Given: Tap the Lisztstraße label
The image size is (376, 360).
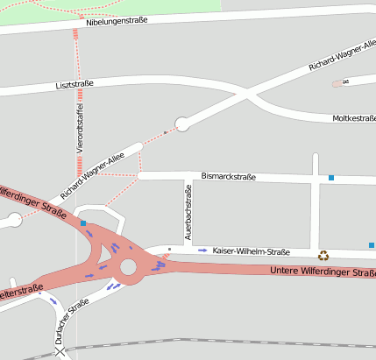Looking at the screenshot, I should pyautogui.click(x=74, y=84).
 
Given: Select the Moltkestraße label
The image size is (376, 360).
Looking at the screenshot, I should pyautogui.click(x=353, y=118).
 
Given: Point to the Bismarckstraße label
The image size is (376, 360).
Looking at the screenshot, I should pyautogui.click(x=228, y=177).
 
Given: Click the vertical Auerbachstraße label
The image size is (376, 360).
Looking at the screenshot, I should pyautogui.click(x=188, y=215).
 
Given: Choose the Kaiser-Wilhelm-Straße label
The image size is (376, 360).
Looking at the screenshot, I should pyautogui.click(x=251, y=251).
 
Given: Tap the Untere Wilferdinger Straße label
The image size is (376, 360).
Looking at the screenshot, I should pyautogui.click(x=323, y=272).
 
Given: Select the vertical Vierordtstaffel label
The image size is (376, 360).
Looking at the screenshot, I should pyautogui.click(x=81, y=126).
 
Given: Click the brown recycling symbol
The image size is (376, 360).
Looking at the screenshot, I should pyautogui.click(x=323, y=255).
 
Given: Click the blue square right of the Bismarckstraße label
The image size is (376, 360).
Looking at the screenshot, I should pyautogui.click(x=331, y=178).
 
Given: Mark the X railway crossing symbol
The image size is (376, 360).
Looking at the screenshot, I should pyautogui.click(x=60, y=352).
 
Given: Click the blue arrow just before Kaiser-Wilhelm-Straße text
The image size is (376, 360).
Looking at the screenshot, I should pyautogui.click(x=202, y=251).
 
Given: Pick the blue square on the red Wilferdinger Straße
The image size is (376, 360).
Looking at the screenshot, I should pyautogui.click(x=83, y=224).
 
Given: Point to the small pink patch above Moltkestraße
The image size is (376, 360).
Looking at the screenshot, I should pyautogui.click(x=337, y=84).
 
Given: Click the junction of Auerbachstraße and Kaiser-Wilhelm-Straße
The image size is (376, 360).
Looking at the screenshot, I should pyautogui.click(x=188, y=249).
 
